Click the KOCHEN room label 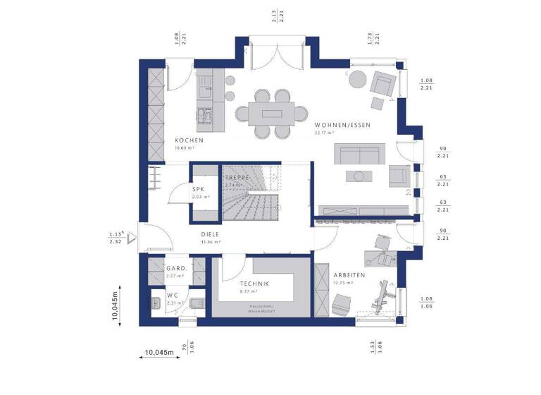tap(189, 140)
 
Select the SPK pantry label tap(198, 190)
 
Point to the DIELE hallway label tap(211, 236)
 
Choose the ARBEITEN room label tap(349, 275)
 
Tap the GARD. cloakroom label tap(175, 269)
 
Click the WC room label tap(172, 296)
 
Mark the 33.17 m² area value tap(324, 133)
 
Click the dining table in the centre tap(271, 113)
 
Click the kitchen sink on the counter tap(205, 90)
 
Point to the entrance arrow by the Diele tap(131, 238)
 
